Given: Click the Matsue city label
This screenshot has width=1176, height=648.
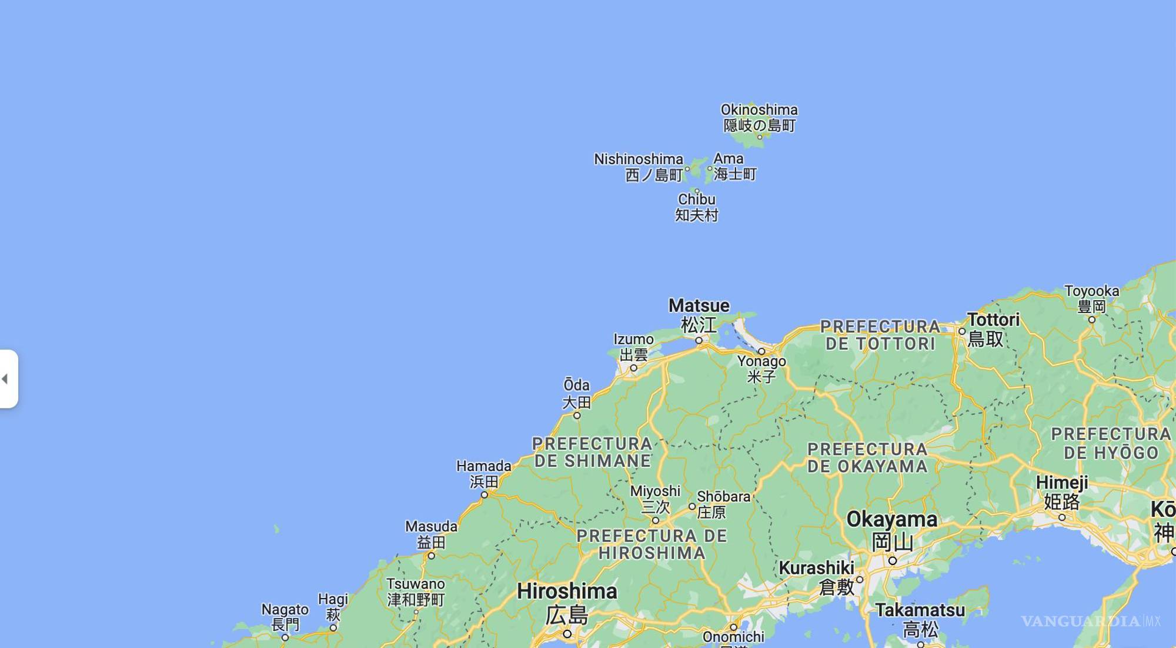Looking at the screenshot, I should tap(699, 306).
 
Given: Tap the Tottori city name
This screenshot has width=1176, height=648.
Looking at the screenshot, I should tap(993, 320).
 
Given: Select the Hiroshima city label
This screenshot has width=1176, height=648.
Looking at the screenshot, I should tap(567, 591).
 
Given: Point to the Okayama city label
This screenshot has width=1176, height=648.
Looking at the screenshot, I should tap(891, 520).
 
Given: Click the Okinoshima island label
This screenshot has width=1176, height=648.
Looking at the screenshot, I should tap(759, 110).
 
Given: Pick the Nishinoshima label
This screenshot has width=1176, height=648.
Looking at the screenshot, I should tap(639, 159).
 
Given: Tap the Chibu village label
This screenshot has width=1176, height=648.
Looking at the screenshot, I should tap(696, 200).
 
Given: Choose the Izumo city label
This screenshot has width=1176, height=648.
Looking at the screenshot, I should tap(633, 340).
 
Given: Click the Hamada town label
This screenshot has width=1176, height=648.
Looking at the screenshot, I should tap(483, 467).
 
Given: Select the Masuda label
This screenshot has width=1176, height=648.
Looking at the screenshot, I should tap(431, 527).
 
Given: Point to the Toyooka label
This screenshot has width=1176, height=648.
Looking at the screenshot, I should tap(1091, 291).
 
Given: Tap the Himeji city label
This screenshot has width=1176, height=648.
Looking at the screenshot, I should tap(1061, 483).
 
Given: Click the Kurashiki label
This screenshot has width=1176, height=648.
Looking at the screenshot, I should tap(816, 568).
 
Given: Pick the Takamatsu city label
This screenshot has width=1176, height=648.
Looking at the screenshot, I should tap(920, 610).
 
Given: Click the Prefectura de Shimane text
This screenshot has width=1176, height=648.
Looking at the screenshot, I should tap(592, 452).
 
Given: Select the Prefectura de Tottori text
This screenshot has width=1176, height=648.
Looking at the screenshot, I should tap(880, 335).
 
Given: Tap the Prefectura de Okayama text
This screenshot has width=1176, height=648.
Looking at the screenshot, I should tap(867, 458).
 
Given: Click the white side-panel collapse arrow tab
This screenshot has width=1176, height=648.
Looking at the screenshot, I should tap(8, 378).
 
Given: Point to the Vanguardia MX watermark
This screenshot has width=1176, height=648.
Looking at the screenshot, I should tap(1090, 621).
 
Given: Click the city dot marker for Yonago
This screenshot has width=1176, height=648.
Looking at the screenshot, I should tap(761, 351).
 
